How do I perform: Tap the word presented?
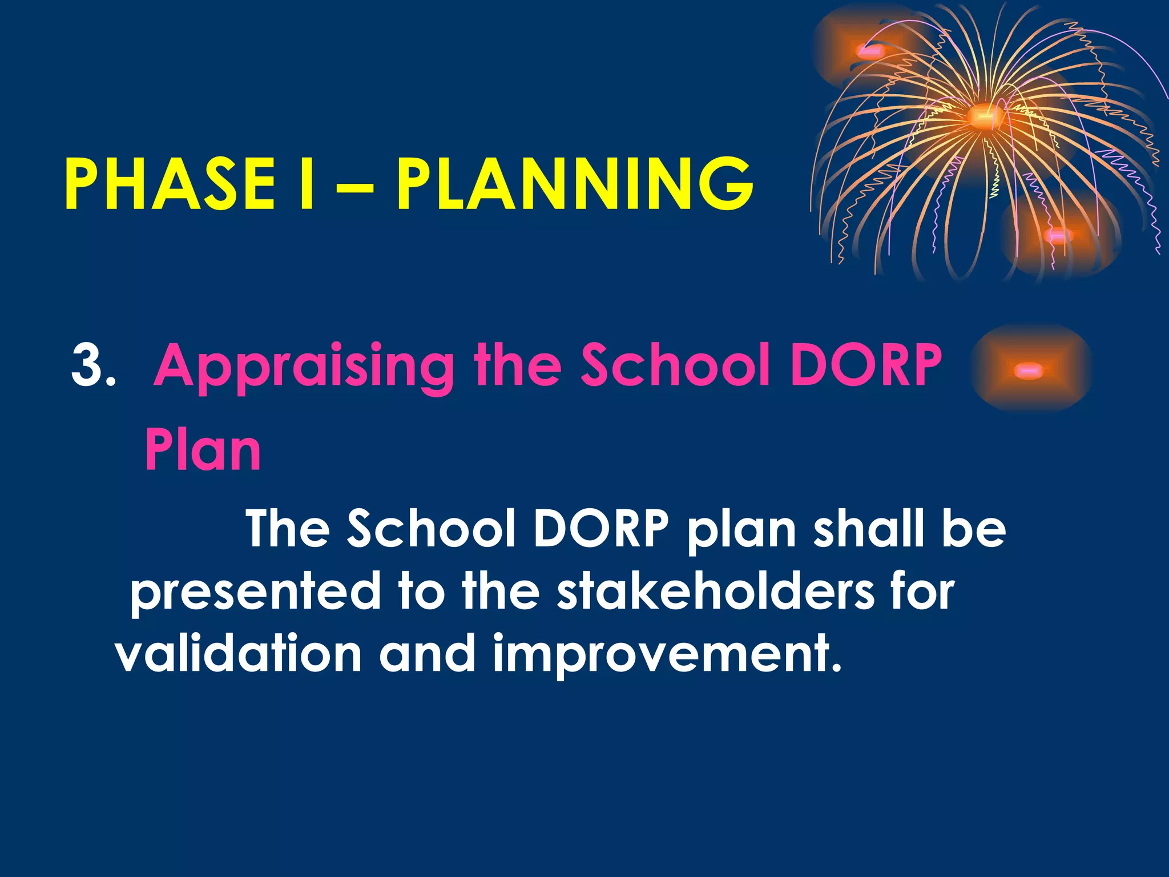coord(255,592)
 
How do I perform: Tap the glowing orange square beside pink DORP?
coord(1030,370)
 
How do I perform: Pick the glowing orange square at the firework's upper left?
coord(869,52)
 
